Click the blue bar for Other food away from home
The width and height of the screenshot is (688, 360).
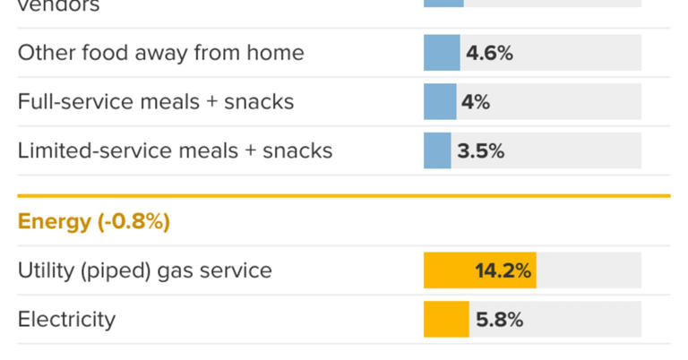point(442,53)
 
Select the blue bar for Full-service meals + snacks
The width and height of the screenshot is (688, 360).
point(440,102)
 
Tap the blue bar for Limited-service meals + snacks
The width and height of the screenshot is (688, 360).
point(437,150)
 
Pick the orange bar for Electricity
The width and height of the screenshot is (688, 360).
point(446,320)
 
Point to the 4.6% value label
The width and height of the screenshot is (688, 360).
point(489,54)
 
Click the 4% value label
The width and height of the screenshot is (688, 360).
point(476,102)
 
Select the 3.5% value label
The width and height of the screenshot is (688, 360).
point(481,151)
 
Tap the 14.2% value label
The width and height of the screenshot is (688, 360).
point(503,270)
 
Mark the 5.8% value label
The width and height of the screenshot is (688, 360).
point(499,320)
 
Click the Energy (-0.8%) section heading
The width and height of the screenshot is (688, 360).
point(93,222)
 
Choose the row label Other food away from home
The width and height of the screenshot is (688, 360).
point(160,54)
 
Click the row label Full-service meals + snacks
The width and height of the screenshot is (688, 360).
point(156,102)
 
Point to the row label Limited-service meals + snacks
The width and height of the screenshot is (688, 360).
point(175,150)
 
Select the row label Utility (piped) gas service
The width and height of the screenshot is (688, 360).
point(144,270)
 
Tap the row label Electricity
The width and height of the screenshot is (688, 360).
point(66,320)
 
